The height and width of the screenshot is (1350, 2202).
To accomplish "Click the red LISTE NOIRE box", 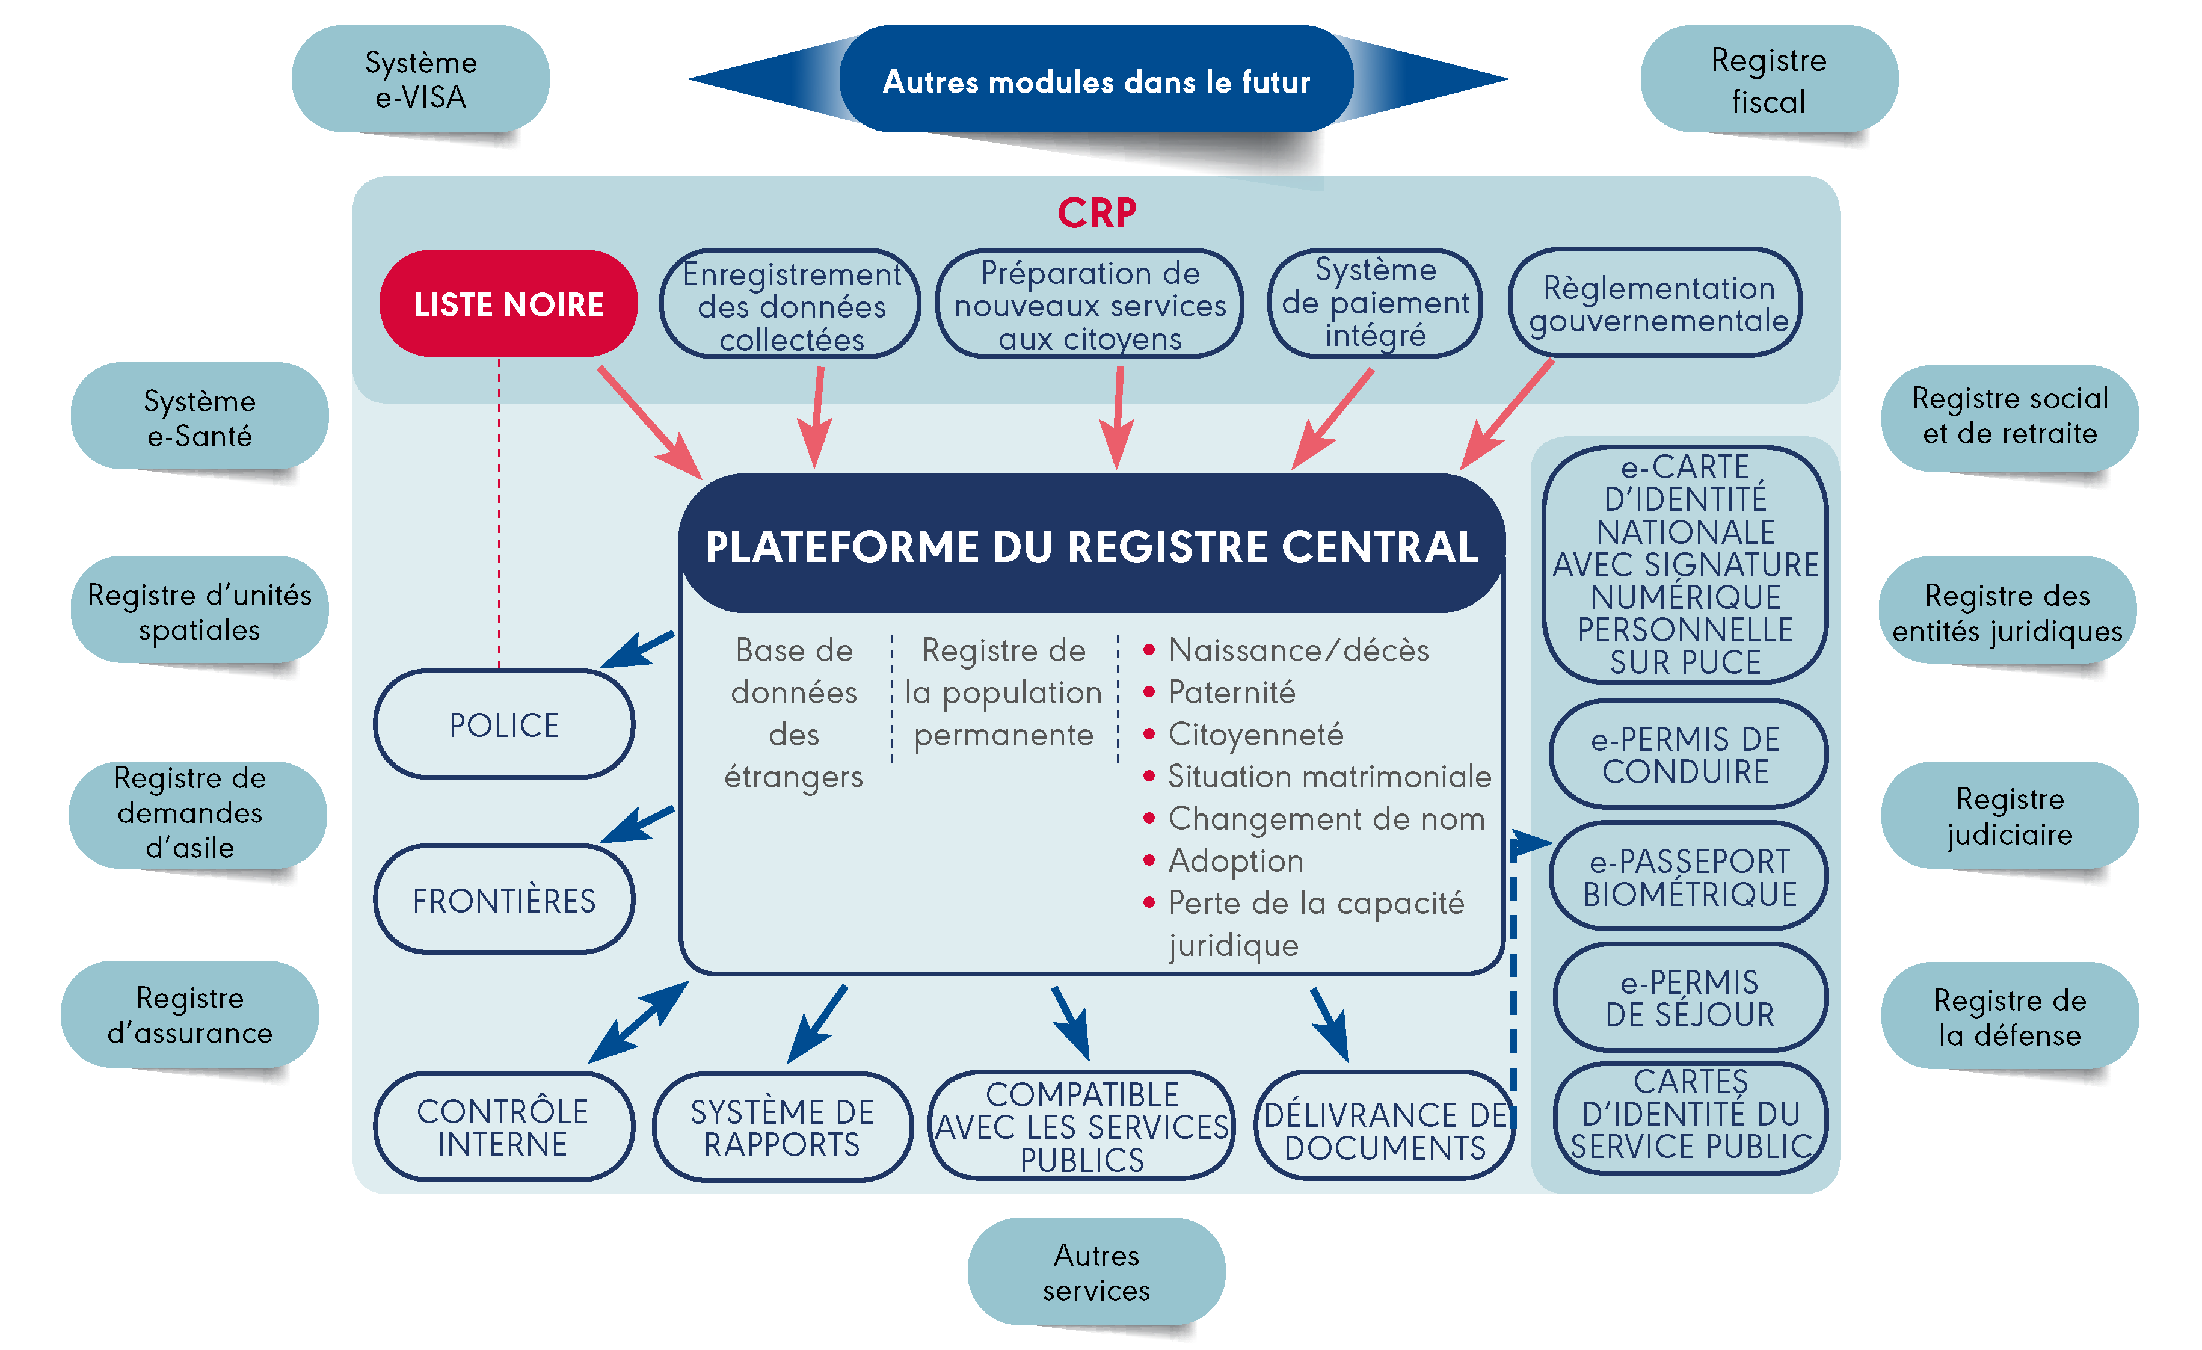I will click(x=508, y=304).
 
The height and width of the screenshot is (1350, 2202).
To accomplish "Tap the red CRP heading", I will click(x=1096, y=214).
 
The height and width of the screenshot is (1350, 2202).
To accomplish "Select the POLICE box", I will click(x=504, y=724).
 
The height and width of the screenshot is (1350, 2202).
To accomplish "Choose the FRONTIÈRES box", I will click(x=504, y=900).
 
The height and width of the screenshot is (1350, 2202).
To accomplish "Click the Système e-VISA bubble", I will click(x=420, y=79).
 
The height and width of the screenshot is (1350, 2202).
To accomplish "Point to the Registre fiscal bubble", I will click(x=1768, y=81).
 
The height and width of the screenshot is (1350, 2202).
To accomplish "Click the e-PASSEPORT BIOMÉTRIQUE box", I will click(x=1689, y=877).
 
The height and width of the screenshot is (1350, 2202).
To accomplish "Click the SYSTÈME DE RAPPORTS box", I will click(x=782, y=1127).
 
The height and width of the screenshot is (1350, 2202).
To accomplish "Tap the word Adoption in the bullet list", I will click(x=1236, y=860).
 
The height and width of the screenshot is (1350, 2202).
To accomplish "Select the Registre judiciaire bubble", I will click(x=2010, y=815).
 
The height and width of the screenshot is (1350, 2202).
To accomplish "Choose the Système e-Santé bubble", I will click(x=199, y=418).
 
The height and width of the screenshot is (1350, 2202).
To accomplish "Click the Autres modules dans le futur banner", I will click(x=1096, y=81).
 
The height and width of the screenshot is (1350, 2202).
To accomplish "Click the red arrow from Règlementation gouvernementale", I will click(x=1508, y=413).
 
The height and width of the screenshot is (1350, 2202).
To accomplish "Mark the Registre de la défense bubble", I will click(x=2010, y=1017).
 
